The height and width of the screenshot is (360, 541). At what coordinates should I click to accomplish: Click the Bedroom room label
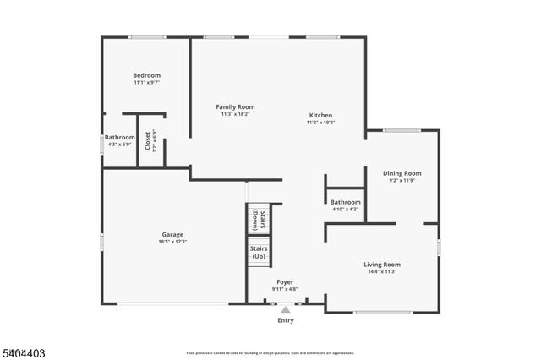(x=146, y=75)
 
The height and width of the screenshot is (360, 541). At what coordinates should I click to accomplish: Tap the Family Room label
(x=235, y=107)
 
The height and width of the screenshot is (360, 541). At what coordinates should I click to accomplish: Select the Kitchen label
(x=320, y=115)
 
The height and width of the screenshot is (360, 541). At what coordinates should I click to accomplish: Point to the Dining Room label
(x=402, y=173)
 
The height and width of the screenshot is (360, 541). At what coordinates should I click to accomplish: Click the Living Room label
(x=382, y=265)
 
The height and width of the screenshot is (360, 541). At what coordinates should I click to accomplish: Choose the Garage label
(x=173, y=234)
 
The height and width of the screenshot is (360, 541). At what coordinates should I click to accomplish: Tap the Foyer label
(x=284, y=282)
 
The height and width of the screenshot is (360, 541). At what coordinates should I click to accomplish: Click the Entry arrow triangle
(x=286, y=310)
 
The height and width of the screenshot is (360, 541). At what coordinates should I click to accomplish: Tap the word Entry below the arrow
(x=286, y=320)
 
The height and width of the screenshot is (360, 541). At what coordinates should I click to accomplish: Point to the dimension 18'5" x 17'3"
(x=173, y=242)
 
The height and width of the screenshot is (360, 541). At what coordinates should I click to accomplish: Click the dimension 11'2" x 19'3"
(x=320, y=123)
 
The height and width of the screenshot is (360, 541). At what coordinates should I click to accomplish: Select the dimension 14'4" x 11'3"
(x=382, y=272)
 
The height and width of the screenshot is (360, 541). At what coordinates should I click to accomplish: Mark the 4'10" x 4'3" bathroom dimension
(x=345, y=210)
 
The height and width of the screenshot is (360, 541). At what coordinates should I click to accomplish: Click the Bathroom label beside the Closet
(x=119, y=137)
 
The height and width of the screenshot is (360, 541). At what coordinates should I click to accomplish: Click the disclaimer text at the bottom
(x=270, y=352)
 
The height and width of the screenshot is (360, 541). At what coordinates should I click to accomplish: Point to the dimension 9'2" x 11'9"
(x=402, y=181)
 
